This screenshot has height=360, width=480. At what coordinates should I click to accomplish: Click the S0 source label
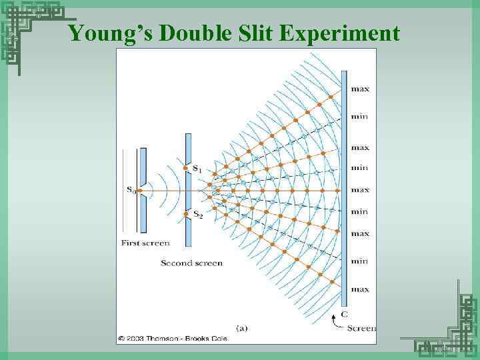[x=133, y=190]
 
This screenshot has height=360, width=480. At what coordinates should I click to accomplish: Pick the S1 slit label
[x=198, y=169]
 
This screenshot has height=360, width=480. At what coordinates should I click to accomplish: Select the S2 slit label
[x=198, y=215]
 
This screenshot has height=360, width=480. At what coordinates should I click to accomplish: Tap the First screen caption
[x=145, y=243]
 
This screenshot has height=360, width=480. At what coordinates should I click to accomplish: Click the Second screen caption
[x=191, y=263]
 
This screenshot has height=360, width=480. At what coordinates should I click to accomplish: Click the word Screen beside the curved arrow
[x=361, y=328]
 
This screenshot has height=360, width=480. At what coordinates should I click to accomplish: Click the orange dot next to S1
[x=185, y=167]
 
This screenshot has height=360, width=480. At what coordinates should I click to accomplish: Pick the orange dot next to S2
[x=185, y=213]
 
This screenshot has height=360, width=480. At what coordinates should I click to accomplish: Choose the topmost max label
[x=360, y=89]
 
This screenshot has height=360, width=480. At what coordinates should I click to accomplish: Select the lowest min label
[x=360, y=261]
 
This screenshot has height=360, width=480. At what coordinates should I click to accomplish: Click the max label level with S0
[x=360, y=190]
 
